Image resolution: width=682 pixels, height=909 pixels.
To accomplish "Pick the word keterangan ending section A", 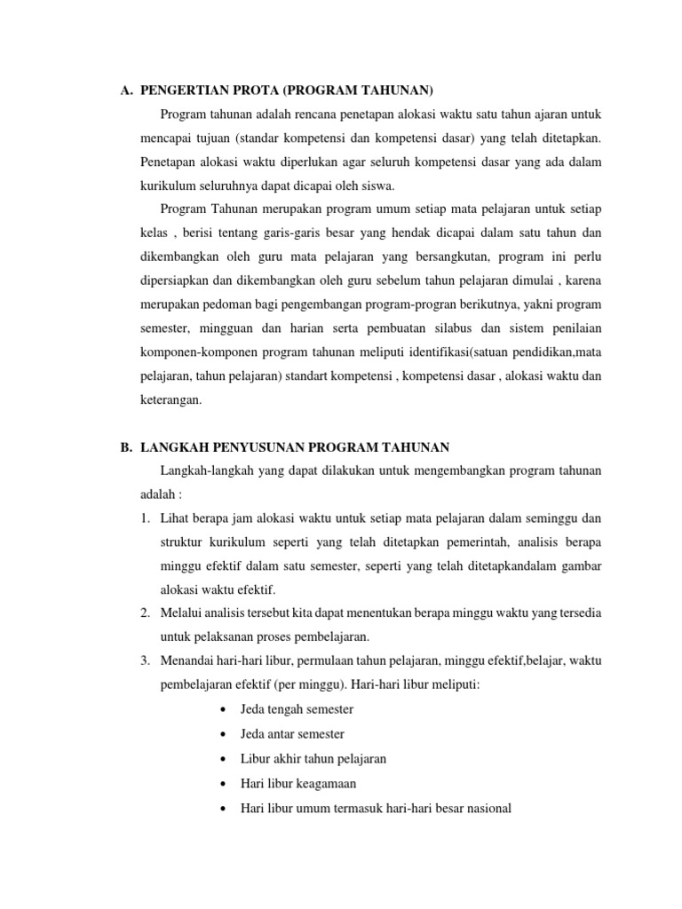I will tap(171, 375).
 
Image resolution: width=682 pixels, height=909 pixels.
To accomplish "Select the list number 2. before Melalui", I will tap(146, 613).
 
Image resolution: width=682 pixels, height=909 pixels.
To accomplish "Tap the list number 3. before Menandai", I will tap(146, 660).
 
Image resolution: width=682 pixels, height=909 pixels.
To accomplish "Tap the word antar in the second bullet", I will tap(282, 734).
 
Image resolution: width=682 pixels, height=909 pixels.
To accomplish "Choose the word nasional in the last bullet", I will tap(488, 809).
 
